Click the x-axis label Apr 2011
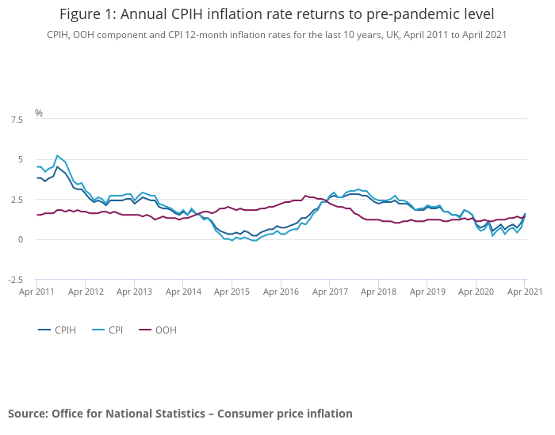pyautogui.click(x=36, y=292)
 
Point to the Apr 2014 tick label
pyautogui.click(x=183, y=292)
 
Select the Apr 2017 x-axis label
pyautogui.click(x=330, y=292)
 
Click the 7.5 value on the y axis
pyautogui.click(x=16, y=120)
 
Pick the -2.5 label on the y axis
pyautogui.click(x=14, y=280)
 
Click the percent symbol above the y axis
pyautogui.click(x=38, y=113)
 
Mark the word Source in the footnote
pyautogui.click(x=27, y=414)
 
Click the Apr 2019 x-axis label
pyautogui.click(x=427, y=292)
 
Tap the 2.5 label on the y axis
pyautogui.click(x=16, y=200)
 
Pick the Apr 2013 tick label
pyautogui.click(x=134, y=292)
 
